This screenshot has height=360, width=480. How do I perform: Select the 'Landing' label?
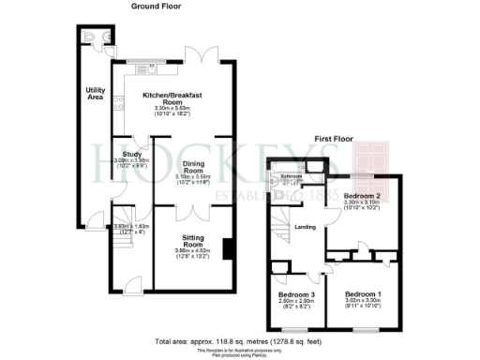(306, 227)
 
